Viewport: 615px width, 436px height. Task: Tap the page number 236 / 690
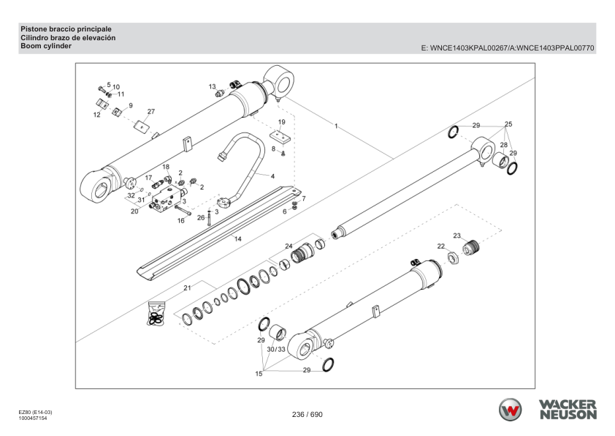click(307, 415)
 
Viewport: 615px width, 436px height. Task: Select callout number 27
click(151, 112)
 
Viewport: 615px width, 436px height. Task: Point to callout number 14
click(237, 239)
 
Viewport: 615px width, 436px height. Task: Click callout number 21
click(187, 287)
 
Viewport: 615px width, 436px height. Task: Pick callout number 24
click(289, 246)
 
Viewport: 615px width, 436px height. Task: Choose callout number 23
click(457, 235)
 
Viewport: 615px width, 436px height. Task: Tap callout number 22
click(441, 246)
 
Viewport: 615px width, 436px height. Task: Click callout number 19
click(281, 121)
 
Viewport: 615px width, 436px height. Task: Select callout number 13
click(212, 86)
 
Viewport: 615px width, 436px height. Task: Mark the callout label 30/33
click(276, 350)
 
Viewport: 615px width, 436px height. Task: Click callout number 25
click(508, 124)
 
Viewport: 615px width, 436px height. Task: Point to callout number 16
click(181, 220)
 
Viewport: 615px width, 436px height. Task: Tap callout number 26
click(201, 217)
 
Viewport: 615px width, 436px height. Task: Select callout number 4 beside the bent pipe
click(272, 176)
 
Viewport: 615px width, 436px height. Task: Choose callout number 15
click(258, 374)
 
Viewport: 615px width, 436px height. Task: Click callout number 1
click(336, 127)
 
